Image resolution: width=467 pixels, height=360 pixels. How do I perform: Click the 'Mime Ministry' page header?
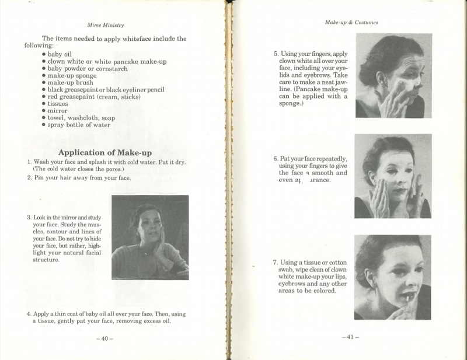(x=105, y=25)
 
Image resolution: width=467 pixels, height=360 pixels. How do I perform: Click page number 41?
(x=350, y=337)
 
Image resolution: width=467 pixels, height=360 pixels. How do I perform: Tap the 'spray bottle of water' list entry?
(x=79, y=124)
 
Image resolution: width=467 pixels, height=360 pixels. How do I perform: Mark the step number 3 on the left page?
(x=29, y=218)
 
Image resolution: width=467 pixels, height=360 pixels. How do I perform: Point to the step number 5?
(x=276, y=54)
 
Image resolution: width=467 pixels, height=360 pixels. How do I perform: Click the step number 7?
(x=276, y=263)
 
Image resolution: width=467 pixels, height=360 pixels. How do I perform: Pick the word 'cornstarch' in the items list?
(x=108, y=68)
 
